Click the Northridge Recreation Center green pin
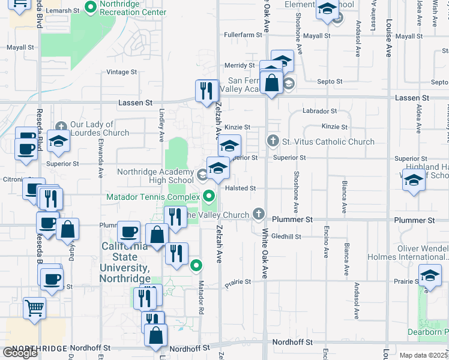click(91, 8)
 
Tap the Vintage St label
click(121, 72)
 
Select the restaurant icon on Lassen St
click(206, 91)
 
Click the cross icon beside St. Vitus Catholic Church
click(273, 142)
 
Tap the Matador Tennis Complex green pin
click(209, 196)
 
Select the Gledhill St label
click(285, 237)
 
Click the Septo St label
click(330, 81)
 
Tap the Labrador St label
click(320, 111)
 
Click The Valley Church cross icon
click(259, 214)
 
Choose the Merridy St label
click(240, 65)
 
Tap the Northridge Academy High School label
click(155, 176)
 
